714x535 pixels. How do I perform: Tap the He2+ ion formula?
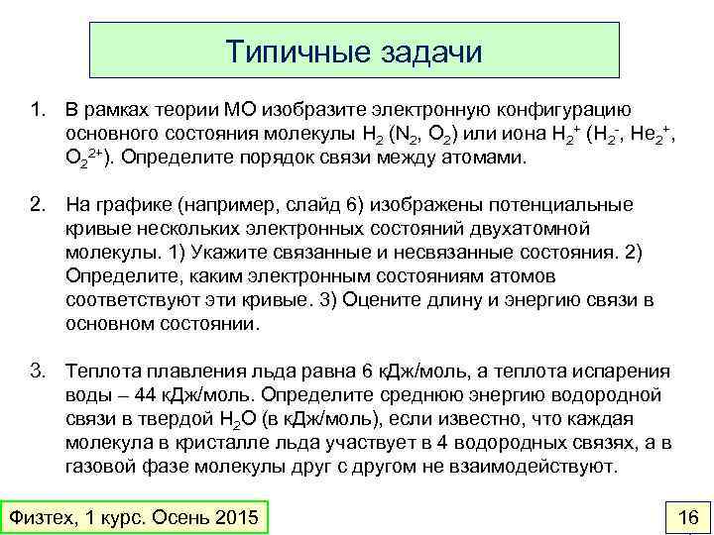652,133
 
